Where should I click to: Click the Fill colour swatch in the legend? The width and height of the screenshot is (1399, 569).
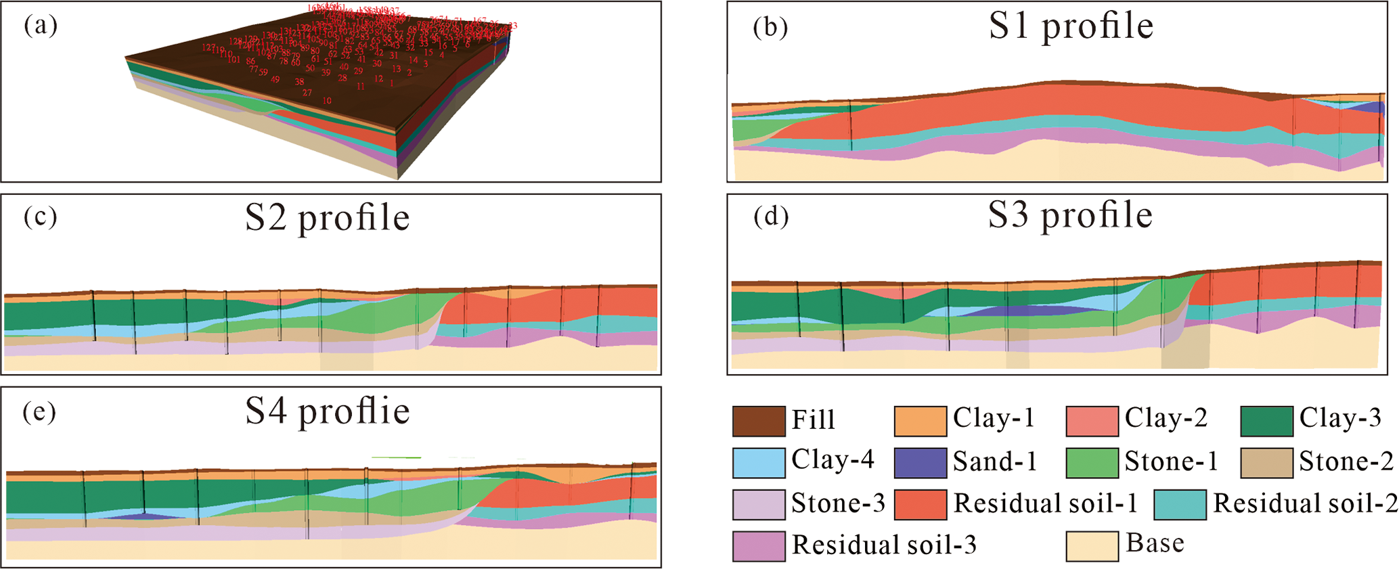tap(759, 421)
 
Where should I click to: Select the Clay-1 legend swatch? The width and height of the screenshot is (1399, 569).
tap(920, 421)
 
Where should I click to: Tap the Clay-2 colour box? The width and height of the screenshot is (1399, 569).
tap(1092, 421)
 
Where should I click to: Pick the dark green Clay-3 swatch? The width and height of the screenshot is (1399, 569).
tap(1266, 421)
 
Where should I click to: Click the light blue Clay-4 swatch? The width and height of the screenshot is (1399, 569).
tap(759, 463)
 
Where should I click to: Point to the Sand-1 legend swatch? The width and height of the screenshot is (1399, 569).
tap(920, 463)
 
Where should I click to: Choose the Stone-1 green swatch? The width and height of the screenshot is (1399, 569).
tap(1092, 463)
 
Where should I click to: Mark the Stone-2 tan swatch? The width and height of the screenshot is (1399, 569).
tap(1266, 463)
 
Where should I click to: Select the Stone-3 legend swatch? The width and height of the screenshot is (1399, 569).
tap(759, 505)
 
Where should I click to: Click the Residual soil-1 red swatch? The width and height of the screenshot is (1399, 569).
tap(920, 505)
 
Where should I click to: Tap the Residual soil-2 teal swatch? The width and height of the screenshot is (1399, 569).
tap(1180, 505)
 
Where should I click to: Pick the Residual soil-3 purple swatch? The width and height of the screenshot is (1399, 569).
tap(759, 546)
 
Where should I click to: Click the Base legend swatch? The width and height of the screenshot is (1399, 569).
tap(1092, 546)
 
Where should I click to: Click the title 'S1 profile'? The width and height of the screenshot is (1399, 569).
tap(1071, 26)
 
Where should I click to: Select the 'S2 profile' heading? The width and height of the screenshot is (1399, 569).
tap(328, 218)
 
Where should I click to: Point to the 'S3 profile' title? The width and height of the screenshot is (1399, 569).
tap(1071, 216)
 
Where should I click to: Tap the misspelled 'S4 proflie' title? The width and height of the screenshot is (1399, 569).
tap(328, 411)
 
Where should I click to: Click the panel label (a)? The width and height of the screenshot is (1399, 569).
tap(41, 26)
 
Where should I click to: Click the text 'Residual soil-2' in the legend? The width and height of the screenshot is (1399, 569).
tap(1305, 503)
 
